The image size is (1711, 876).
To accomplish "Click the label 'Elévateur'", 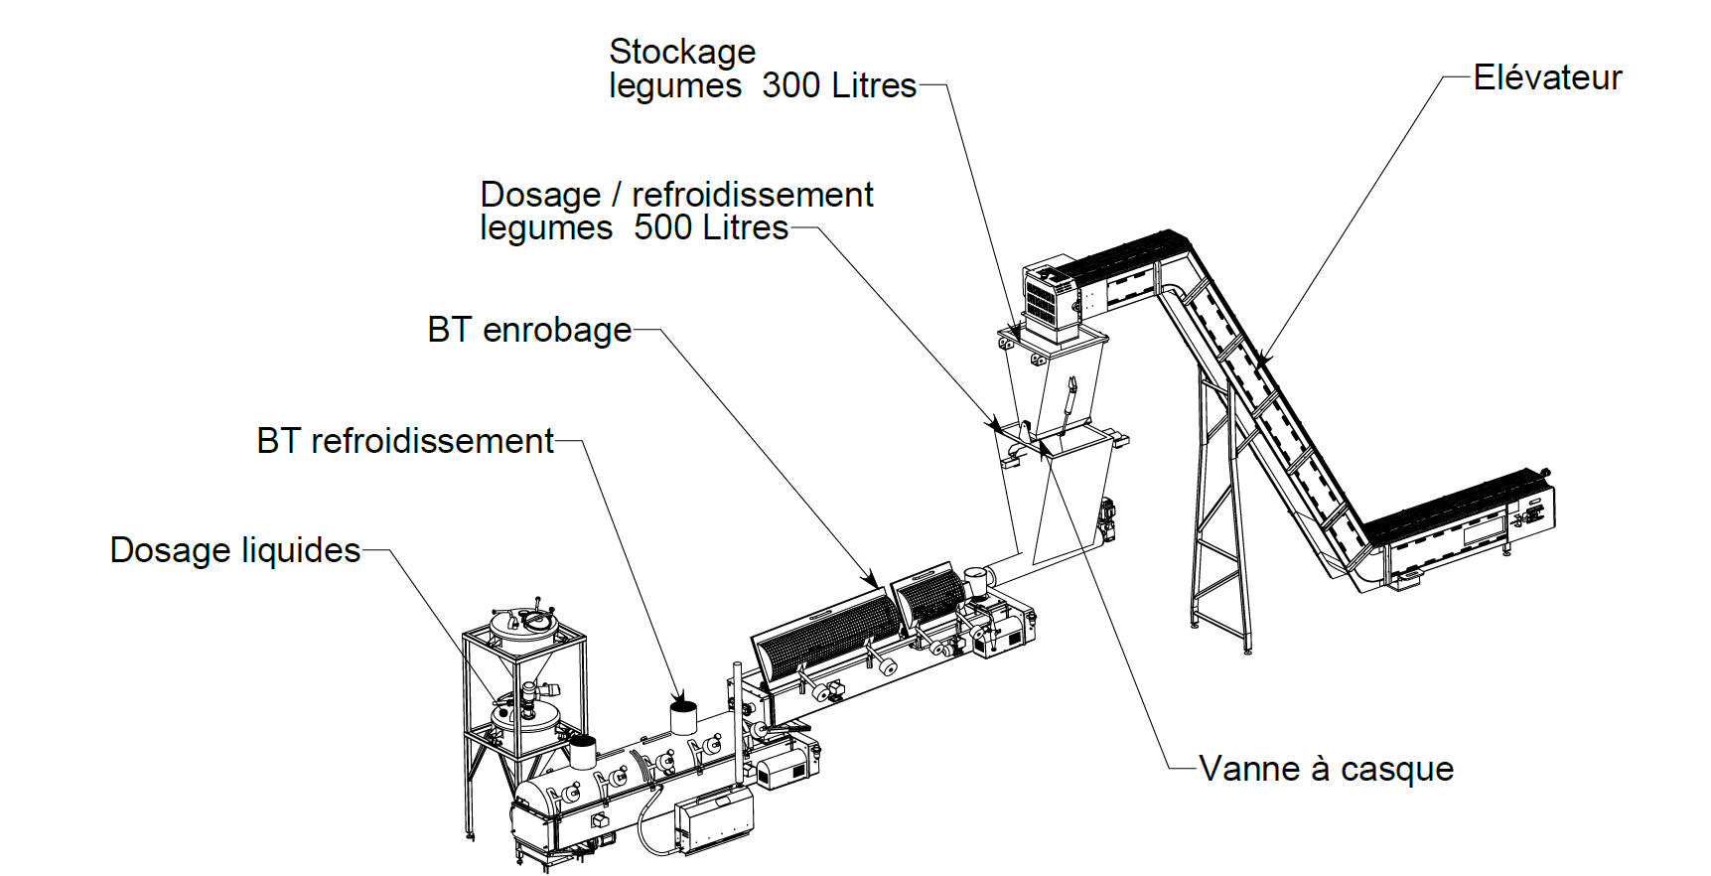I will [1546, 77].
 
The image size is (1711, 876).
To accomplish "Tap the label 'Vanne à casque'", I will [1326, 769].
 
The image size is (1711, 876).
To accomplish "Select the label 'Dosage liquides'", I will [234, 550].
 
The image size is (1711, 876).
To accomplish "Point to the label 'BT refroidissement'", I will [404, 441].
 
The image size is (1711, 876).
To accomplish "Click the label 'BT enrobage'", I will [529, 330].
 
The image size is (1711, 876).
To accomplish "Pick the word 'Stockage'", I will [682, 52].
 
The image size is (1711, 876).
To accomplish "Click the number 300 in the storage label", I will [790, 85].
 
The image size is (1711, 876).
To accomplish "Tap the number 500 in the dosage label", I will [662, 227].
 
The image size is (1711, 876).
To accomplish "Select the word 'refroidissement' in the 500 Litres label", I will [752, 195].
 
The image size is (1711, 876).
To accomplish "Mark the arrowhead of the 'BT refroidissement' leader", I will [680, 697].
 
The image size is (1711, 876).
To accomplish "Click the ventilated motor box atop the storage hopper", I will [1054, 297].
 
